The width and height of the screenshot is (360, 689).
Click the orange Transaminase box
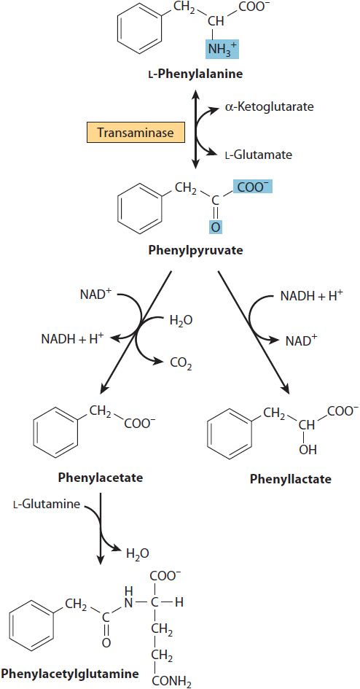[136, 133]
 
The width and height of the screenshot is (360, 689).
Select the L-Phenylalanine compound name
[195, 74]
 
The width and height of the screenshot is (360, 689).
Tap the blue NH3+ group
[222, 49]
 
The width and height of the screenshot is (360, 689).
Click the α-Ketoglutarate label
[263, 106]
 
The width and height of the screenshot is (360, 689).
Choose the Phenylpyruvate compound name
[195, 251]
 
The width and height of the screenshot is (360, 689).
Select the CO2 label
[180, 363]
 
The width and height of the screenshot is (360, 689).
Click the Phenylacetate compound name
[101, 478]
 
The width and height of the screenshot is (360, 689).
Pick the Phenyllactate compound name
[291, 478]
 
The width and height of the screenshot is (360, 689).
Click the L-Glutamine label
[47, 504]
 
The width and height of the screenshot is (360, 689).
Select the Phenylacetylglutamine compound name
[70, 673]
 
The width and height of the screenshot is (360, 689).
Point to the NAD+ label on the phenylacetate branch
[93, 295]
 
